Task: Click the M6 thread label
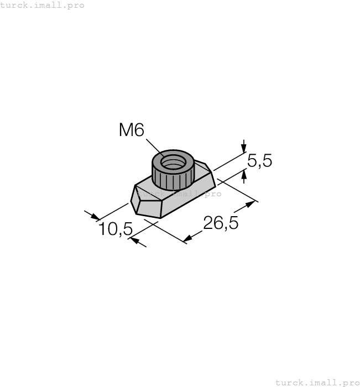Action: (131, 130)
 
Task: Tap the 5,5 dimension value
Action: (259, 161)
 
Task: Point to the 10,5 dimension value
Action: (116, 228)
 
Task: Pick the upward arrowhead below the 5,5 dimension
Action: (243, 176)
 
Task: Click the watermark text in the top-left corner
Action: (43, 5)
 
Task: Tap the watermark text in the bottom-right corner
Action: (317, 382)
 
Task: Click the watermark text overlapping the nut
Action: (179, 194)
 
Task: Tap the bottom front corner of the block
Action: (160, 217)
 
